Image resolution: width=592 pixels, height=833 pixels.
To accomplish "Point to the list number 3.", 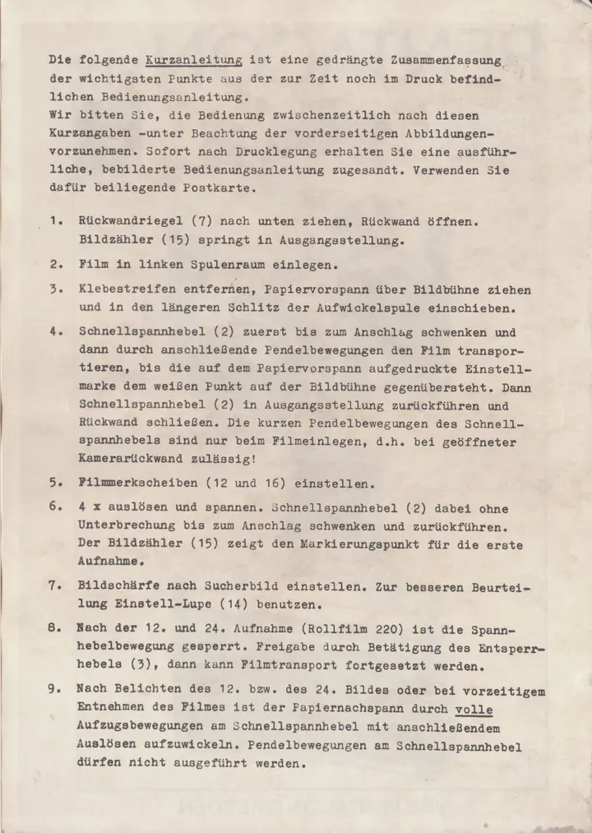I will pyautogui.click(x=53, y=290).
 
